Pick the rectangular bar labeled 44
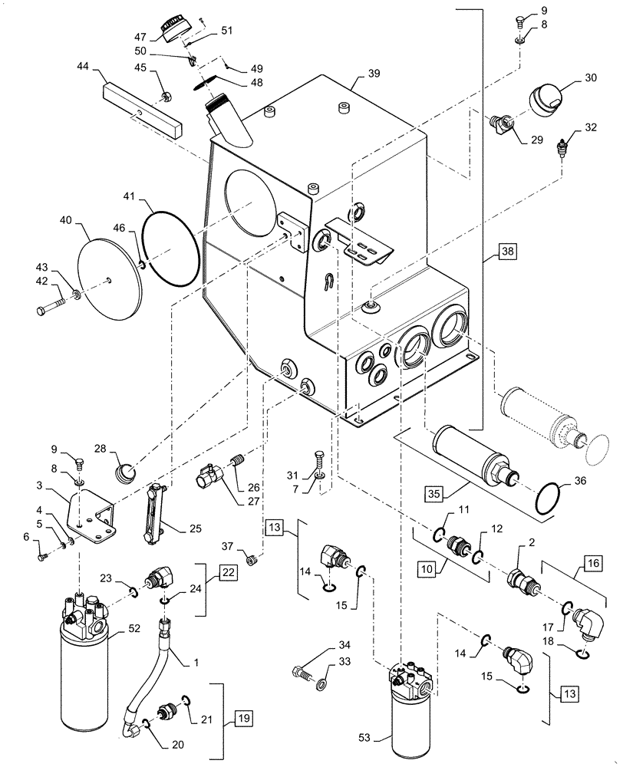coord(141,108)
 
